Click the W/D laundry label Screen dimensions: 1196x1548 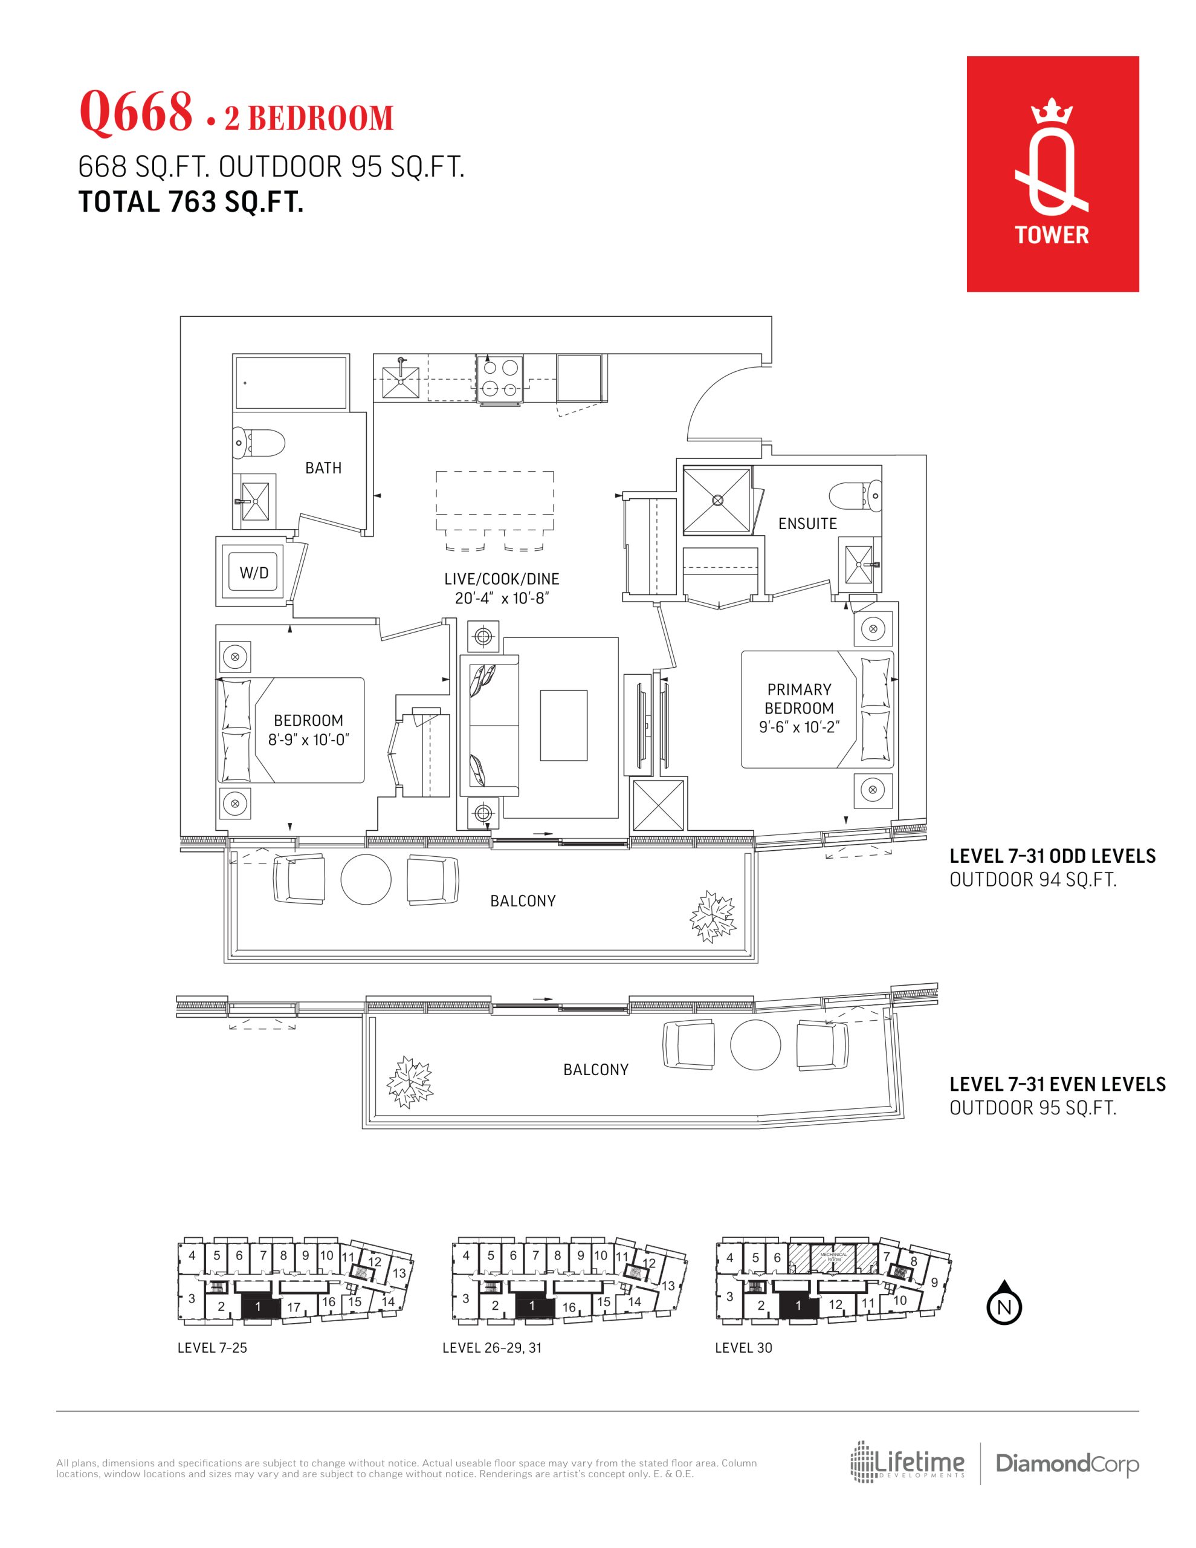point(254,573)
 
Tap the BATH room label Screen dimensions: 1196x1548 point(323,468)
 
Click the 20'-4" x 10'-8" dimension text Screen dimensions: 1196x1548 point(502,598)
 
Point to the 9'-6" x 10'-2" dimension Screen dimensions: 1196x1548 point(799,727)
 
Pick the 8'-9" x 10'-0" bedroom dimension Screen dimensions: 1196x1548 point(308,740)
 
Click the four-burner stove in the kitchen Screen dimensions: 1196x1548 point(501,379)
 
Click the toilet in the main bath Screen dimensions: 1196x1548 point(259,444)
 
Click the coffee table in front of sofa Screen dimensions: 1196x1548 point(563,725)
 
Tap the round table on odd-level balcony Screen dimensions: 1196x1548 point(366,879)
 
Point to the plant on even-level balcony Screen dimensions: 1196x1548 point(409,1082)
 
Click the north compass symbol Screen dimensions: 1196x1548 point(1004,1301)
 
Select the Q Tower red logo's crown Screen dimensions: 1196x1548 point(1052,114)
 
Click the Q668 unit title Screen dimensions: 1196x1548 point(135,112)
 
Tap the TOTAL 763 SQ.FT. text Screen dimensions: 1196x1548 point(190,202)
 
